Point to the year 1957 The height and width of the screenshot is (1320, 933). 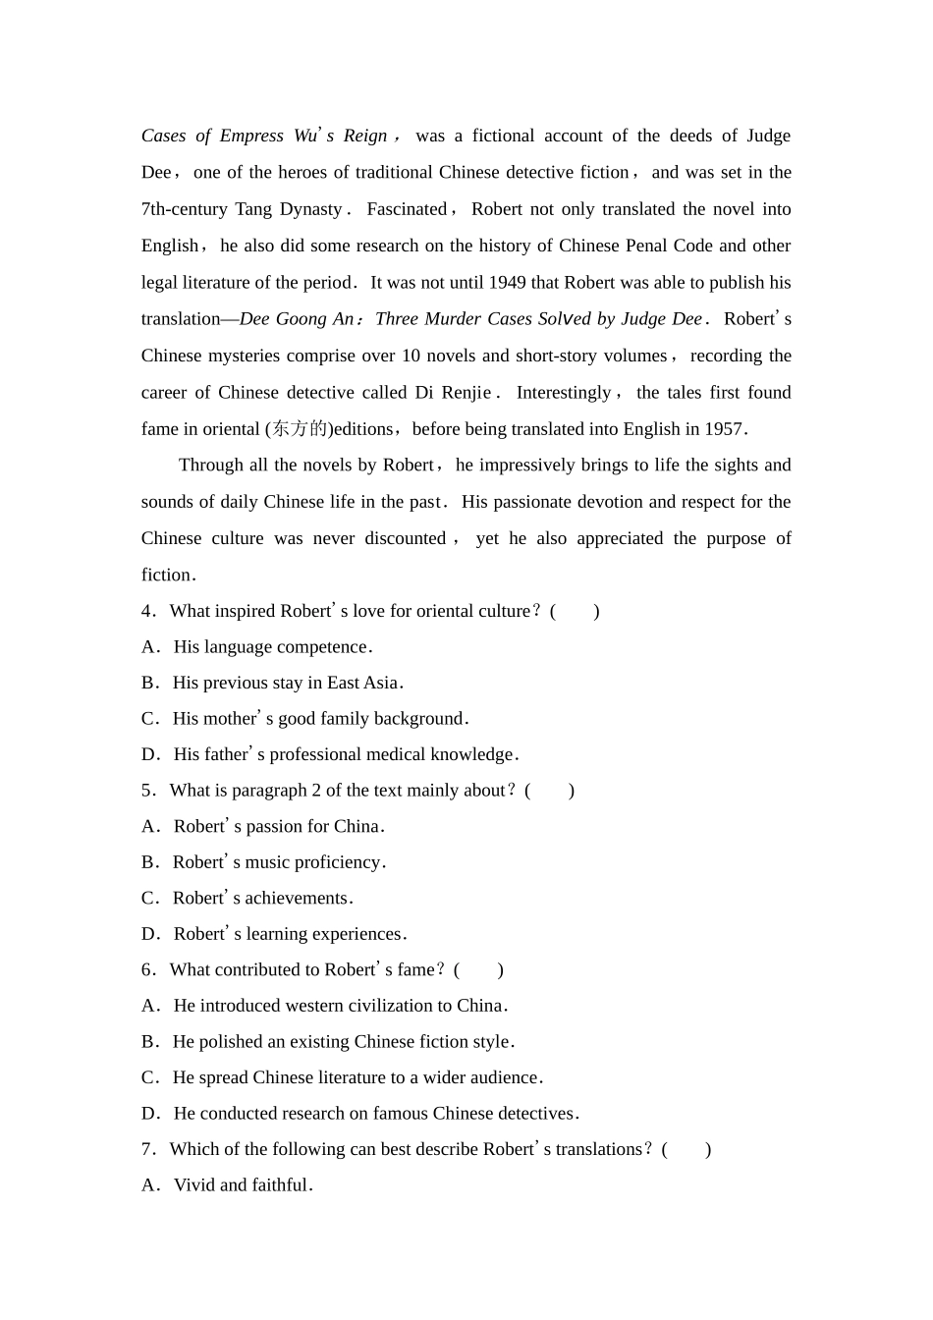[725, 429]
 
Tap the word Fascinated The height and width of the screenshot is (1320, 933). [407, 209]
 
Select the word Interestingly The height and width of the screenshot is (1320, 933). [564, 393]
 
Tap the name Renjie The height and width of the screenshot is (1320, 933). [466, 393]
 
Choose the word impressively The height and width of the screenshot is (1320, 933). [525, 466]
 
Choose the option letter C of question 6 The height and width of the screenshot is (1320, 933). [148, 1078]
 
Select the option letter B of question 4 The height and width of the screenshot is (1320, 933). [148, 684]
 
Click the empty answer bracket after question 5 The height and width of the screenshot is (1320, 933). [550, 792]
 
